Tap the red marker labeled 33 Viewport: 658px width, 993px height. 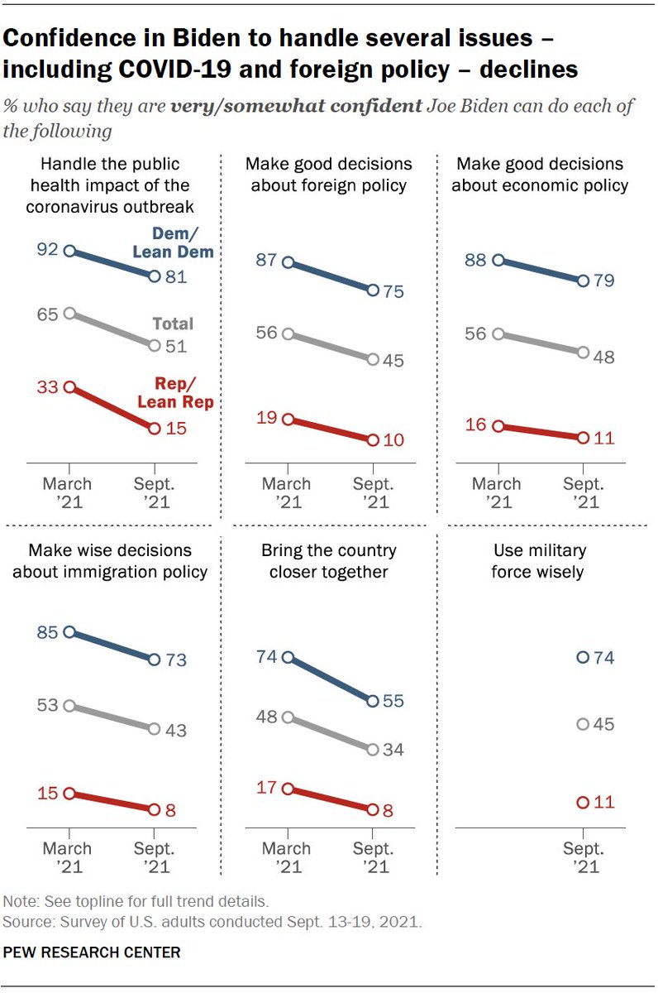point(69,386)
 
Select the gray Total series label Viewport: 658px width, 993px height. point(173,324)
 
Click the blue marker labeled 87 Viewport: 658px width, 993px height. point(288,262)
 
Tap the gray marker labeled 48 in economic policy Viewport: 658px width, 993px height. point(583,353)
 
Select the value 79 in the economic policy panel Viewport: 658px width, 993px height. point(605,281)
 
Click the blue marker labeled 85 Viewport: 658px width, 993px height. point(69,631)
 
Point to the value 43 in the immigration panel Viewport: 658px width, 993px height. point(175,731)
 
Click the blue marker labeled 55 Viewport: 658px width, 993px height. point(372,701)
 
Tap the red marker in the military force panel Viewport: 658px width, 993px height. point(583,802)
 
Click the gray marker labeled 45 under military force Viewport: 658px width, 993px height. point(583,724)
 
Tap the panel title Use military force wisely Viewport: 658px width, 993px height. point(539,560)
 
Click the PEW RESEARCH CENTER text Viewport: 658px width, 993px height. point(92,952)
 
